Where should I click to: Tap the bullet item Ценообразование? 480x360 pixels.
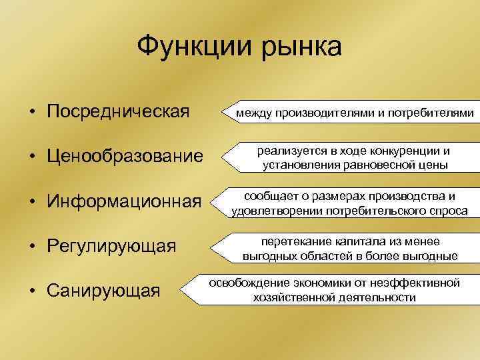[124, 157]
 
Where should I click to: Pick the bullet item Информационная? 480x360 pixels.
[124, 201]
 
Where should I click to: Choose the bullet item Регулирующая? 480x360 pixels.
[111, 246]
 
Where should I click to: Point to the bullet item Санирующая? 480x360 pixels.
[103, 291]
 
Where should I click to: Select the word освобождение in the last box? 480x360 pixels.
[246, 283]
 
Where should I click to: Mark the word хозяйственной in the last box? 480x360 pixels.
[294, 297]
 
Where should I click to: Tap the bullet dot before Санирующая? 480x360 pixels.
[31, 291]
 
